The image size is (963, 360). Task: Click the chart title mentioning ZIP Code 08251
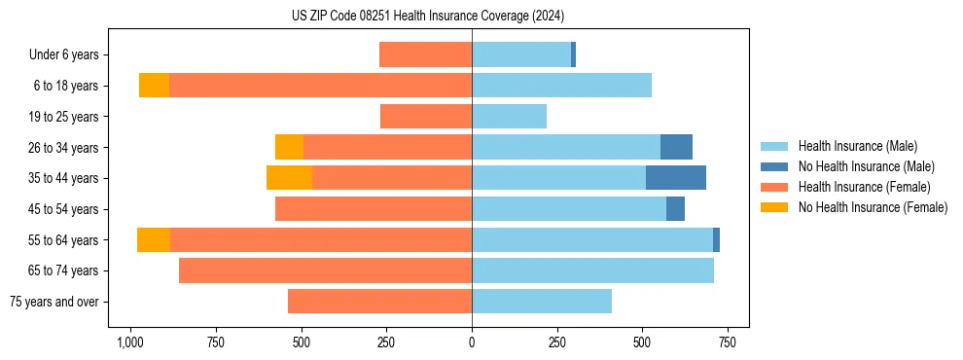(x=428, y=16)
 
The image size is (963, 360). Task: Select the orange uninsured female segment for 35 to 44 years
(x=289, y=178)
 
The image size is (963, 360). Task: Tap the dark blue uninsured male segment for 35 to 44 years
(x=676, y=178)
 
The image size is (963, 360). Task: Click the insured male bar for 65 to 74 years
(x=592, y=270)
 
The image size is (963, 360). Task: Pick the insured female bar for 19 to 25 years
(x=426, y=117)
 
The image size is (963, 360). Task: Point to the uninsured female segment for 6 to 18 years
(x=154, y=86)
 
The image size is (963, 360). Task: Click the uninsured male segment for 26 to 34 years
(x=676, y=147)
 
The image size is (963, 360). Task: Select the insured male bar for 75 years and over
(x=542, y=302)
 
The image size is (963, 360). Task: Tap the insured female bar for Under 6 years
(x=425, y=54)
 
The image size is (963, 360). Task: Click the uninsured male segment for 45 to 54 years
(x=675, y=209)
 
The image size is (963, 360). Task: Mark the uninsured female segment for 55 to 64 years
(x=154, y=239)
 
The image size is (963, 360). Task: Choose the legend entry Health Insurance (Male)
(x=857, y=146)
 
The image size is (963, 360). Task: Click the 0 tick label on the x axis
(x=472, y=342)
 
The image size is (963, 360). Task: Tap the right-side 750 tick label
(x=727, y=342)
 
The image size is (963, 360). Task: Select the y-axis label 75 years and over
(x=54, y=302)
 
